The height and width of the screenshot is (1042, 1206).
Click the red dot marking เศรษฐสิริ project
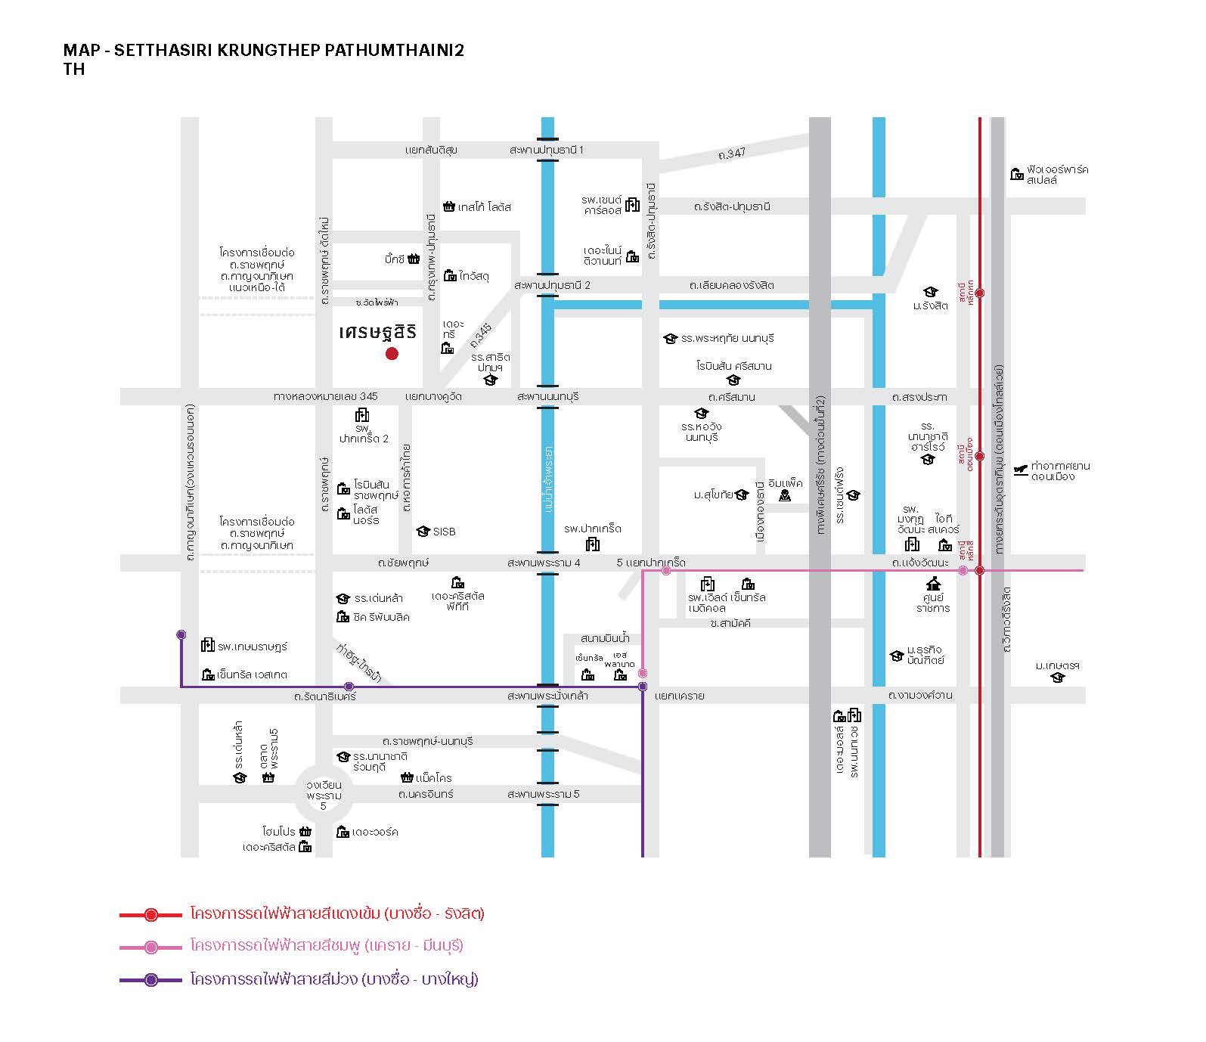pos(392,353)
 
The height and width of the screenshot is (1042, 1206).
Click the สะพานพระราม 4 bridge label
pos(544,563)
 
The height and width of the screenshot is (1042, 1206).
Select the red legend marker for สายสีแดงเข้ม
pos(151,914)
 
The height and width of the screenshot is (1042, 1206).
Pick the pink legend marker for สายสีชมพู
pos(151,947)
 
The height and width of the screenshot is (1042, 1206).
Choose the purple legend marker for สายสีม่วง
pos(151,980)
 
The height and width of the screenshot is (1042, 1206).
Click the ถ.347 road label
pos(732,153)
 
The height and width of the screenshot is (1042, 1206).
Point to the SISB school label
pos(444,532)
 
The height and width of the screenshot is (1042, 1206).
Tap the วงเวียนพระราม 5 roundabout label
pos(324,795)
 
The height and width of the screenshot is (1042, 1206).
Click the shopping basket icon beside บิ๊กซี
pos(414,259)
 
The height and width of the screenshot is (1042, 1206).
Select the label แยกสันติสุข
pos(431,150)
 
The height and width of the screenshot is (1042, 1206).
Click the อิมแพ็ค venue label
pos(785,483)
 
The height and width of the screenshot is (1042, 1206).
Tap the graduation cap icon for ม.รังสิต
pos(931,292)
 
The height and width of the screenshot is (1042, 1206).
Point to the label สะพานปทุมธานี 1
pos(547,150)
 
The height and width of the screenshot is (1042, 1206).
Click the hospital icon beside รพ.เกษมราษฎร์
pos(207,645)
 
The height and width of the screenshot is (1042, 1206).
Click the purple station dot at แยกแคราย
pos(643,687)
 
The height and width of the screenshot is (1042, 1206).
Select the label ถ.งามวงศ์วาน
pos(920,695)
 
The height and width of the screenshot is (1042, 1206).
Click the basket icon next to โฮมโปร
pos(305,831)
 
